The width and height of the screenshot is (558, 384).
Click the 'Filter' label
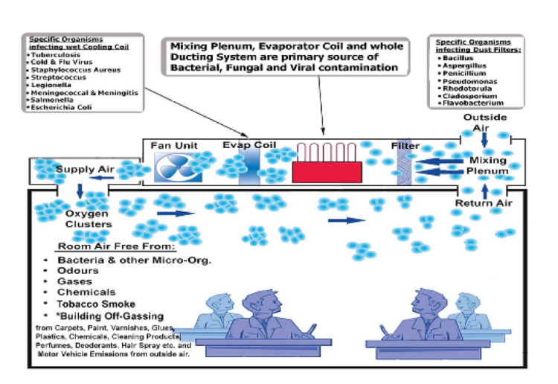tap(405, 146)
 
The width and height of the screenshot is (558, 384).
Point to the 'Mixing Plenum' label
tap(488, 165)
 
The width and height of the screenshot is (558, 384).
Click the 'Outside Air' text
tap(485, 123)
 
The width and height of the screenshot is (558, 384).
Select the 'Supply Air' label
tap(85, 169)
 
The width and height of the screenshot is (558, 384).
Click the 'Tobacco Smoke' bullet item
tap(97, 304)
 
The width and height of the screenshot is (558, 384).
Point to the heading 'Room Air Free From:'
tap(116, 246)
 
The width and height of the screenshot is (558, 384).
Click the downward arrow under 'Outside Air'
tap(484, 138)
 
